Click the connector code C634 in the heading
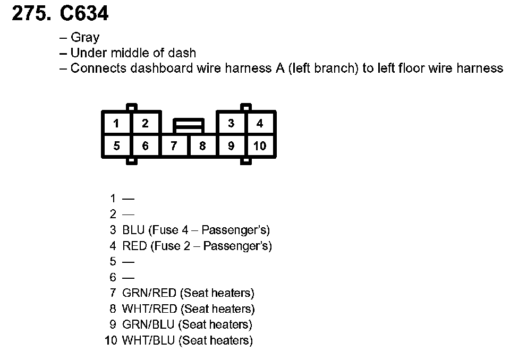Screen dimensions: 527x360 click(x=84, y=14)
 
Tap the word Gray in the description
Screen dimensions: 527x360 click(x=85, y=38)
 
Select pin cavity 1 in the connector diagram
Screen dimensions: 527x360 click(x=116, y=124)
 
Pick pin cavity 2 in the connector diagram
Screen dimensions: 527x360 click(x=145, y=124)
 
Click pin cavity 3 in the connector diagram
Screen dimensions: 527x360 click(x=231, y=124)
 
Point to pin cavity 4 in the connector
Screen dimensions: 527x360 click(x=260, y=124)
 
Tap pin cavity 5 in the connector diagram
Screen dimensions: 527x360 click(x=116, y=146)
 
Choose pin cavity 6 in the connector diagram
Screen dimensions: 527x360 click(x=145, y=146)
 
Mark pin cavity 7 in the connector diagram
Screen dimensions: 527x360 click(x=174, y=146)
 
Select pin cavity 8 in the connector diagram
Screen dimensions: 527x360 click(x=202, y=146)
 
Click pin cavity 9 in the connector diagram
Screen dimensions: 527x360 click(x=231, y=146)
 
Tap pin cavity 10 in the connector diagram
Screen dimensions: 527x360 click(x=260, y=146)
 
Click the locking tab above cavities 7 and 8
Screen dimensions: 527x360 click(x=188, y=126)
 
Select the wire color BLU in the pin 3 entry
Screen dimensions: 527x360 click(x=133, y=230)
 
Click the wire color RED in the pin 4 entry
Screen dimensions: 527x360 click(x=134, y=246)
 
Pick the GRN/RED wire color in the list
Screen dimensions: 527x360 click(x=149, y=293)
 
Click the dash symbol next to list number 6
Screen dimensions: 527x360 click(x=128, y=278)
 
